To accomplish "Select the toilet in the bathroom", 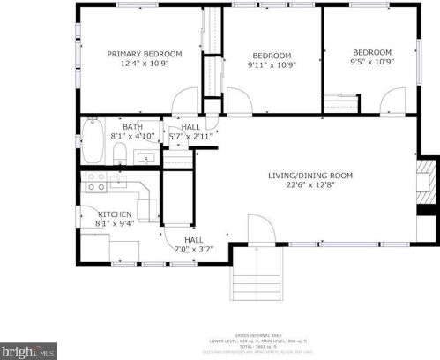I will click(x=119, y=155).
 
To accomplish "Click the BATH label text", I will click(x=132, y=126).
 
